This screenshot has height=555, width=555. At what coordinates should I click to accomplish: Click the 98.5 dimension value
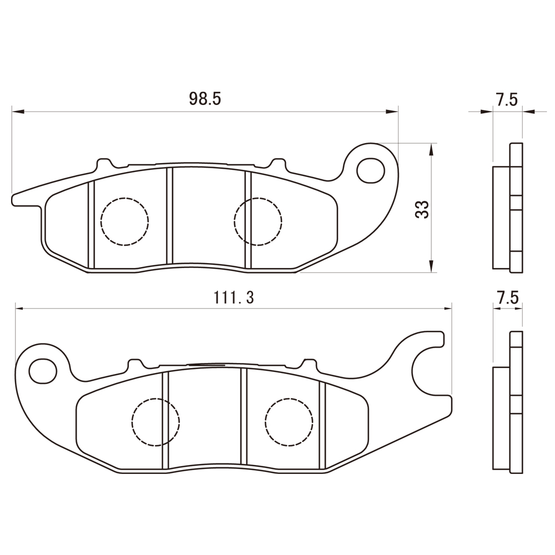click(x=205, y=99)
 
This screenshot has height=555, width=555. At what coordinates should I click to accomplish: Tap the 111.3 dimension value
click(x=234, y=297)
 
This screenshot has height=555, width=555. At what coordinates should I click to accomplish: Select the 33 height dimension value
click(x=422, y=209)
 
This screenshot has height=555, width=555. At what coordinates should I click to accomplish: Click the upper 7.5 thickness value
click(x=507, y=99)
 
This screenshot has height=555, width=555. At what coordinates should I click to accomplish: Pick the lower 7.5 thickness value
click(x=507, y=297)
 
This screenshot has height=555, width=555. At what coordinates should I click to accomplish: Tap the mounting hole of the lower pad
click(x=43, y=371)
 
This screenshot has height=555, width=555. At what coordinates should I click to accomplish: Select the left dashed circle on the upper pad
click(x=124, y=221)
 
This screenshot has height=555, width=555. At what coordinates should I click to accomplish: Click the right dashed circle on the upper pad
click(x=258, y=221)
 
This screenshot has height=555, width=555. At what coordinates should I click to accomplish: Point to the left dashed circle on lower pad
click(x=156, y=422)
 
